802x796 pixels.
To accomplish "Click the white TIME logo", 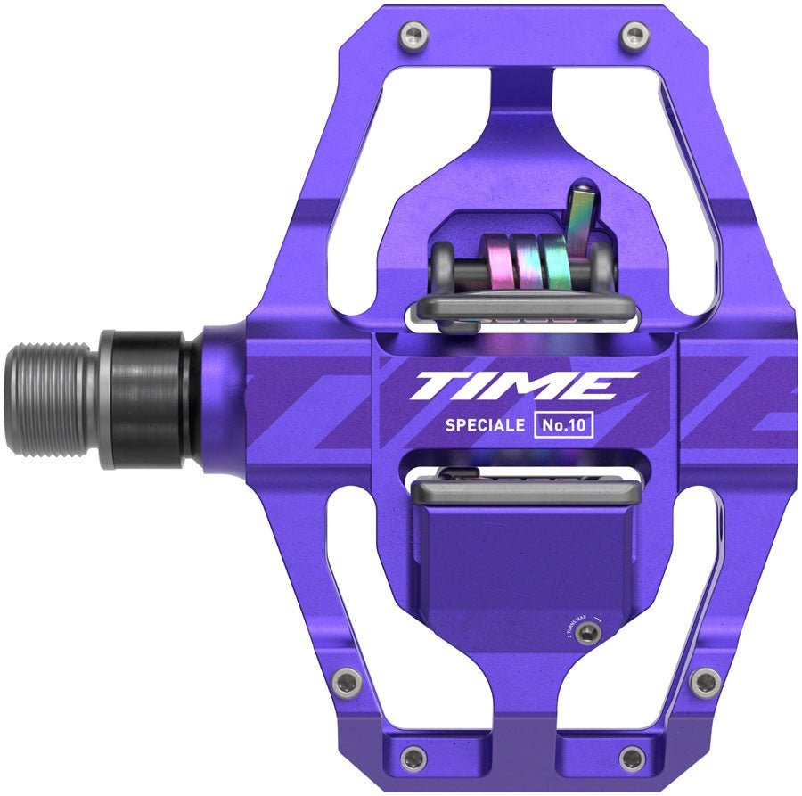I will [523, 386].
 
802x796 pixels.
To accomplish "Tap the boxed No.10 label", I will [563, 425].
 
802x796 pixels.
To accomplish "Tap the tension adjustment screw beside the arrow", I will [585, 632].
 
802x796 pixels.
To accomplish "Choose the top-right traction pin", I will [634, 37].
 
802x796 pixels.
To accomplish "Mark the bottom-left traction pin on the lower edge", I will [413, 759].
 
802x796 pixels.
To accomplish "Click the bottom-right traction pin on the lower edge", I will [632, 759].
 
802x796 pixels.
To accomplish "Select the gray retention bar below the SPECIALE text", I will [524, 487].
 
